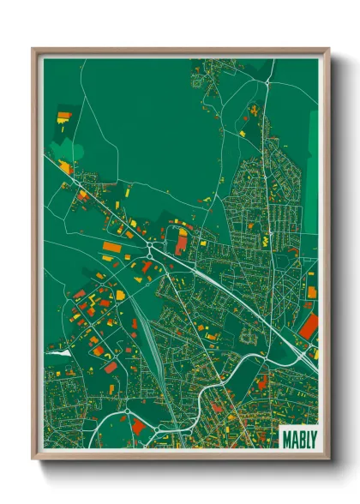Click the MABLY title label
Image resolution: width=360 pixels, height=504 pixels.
[x=298, y=438]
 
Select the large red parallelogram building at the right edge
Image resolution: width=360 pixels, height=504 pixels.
[x=309, y=327]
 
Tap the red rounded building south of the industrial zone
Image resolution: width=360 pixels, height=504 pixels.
[x=111, y=367]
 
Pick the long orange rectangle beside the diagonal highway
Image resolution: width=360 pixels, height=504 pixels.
[x=111, y=247]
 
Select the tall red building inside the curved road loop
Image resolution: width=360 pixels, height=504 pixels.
[x=181, y=243]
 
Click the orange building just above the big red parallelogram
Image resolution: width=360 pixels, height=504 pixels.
[x=312, y=292]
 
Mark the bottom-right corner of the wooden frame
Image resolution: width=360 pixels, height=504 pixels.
[x=328, y=459]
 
